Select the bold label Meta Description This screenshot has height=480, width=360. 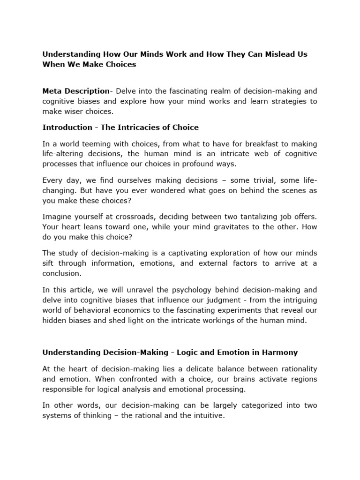[75, 91]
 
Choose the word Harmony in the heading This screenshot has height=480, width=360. [280, 352]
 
